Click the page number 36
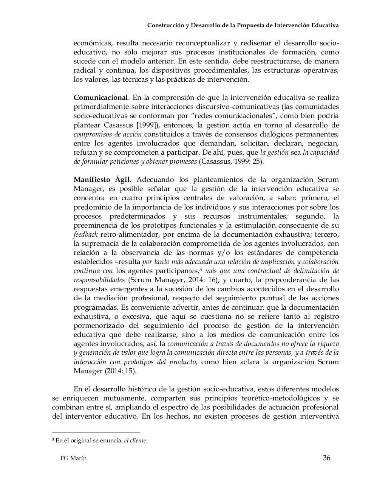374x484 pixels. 326,458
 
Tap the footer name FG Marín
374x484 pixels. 73,459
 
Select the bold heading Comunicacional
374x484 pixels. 100,98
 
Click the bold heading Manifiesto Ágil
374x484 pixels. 102,180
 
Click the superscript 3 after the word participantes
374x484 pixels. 201,269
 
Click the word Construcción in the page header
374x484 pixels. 164,25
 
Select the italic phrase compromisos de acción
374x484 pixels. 108,134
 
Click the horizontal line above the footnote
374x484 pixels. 96,432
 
